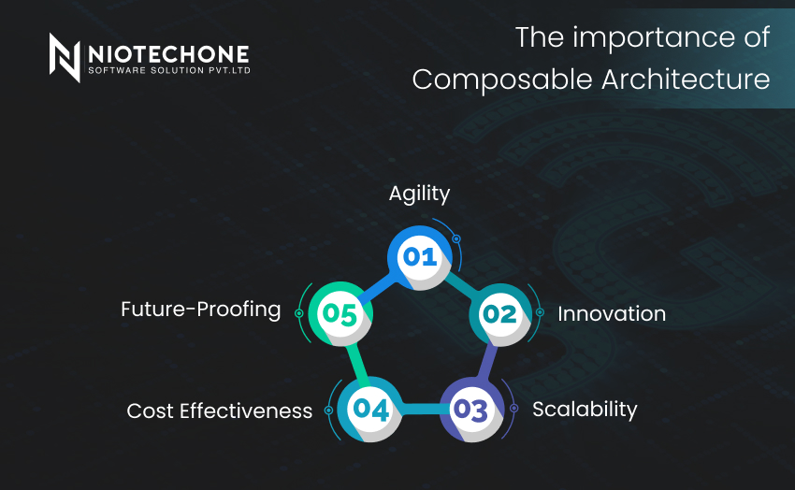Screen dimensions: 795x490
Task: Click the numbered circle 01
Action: (419, 257)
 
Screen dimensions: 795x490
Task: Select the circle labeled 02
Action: (500, 315)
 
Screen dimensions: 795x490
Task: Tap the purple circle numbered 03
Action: (471, 410)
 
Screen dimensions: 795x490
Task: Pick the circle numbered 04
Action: (370, 409)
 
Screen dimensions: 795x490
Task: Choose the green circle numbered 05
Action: (340, 313)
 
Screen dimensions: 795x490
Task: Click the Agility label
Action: (419, 194)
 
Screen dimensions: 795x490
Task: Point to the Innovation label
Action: (612, 313)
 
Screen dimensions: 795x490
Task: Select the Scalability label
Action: (585, 410)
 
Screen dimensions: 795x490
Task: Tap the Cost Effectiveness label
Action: (220, 411)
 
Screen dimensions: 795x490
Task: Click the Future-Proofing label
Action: (201, 310)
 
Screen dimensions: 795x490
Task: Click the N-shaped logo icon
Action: (65, 57)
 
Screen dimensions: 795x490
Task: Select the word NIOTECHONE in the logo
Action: (168, 53)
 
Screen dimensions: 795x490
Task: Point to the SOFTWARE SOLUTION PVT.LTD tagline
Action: (169, 70)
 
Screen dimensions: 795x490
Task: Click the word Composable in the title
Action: (502, 80)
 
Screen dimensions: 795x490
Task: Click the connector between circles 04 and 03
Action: (421, 409)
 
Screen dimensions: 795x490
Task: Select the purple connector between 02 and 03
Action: (486, 361)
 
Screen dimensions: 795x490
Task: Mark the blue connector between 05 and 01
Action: (377, 289)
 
